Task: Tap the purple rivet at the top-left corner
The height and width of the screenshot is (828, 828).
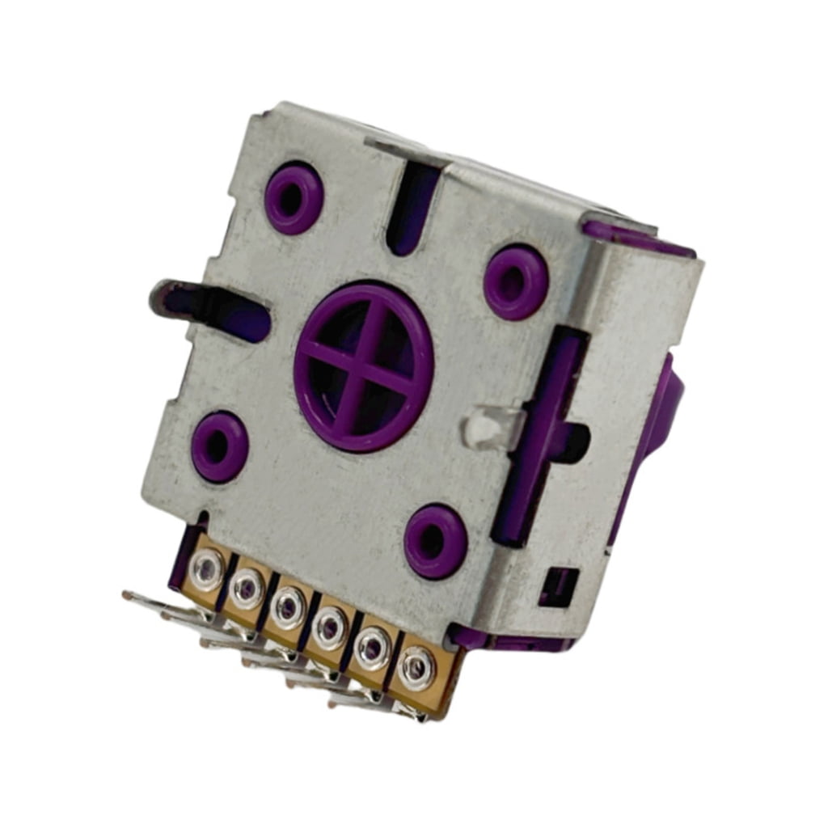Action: click(x=294, y=197)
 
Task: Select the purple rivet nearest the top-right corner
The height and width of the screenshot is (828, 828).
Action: click(x=516, y=281)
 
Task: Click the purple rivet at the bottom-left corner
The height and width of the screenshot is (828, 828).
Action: click(x=220, y=446)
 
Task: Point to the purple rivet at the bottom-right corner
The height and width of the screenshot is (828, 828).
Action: click(x=436, y=541)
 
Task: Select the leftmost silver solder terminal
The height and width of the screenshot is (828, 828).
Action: click(x=206, y=569)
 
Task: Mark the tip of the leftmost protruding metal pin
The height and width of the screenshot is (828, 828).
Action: click(x=128, y=596)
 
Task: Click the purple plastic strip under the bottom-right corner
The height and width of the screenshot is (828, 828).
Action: click(x=517, y=643)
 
